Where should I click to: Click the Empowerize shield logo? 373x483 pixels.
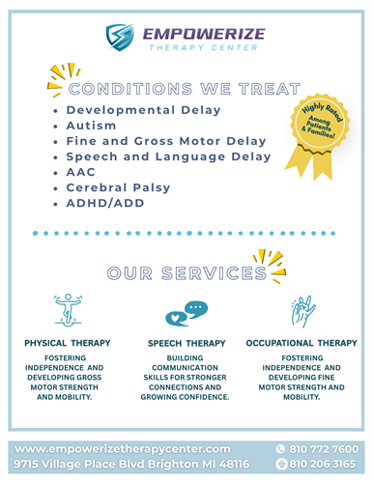[120, 37]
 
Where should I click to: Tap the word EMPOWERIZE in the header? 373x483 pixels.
[204, 34]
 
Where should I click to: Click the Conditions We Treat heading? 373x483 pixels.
[185, 89]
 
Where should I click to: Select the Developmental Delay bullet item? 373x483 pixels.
[143, 110]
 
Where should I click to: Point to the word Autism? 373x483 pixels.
[91, 126]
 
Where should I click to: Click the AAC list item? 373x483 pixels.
[80, 172]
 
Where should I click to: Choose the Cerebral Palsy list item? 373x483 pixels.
[118, 187]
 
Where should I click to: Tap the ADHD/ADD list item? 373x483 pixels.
[105, 203]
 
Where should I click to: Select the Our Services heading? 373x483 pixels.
[186, 273]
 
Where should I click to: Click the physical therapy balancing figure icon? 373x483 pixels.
[68, 310]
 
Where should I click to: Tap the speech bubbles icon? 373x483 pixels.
[186, 314]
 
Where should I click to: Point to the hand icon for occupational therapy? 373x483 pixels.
[303, 311]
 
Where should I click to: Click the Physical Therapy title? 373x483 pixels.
[68, 343]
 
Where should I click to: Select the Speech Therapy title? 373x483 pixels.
[186, 343]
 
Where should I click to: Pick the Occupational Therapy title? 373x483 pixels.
[301, 343]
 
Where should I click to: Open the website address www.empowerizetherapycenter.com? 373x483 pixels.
[123, 449]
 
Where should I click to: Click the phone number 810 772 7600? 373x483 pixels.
[324, 449]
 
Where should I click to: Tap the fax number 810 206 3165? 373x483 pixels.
[322, 464]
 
